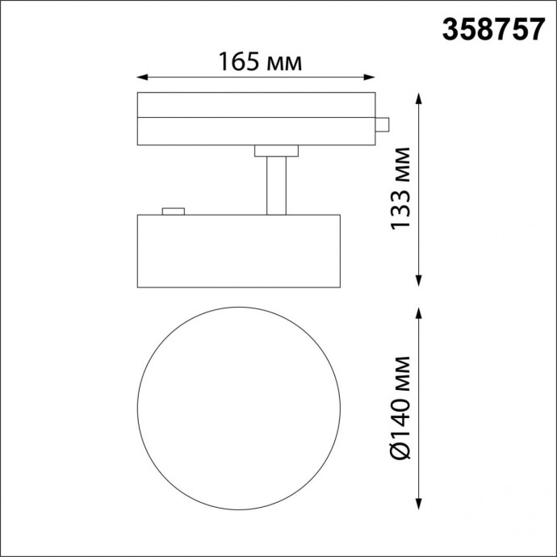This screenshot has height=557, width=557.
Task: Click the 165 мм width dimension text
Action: click(x=259, y=61)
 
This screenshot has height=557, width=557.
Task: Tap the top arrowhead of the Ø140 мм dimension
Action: click(x=419, y=312)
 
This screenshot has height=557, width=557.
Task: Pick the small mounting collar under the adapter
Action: click(x=276, y=151)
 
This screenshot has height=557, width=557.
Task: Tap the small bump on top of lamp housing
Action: click(x=173, y=211)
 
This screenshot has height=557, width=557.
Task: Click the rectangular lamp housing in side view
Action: click(x=238, y=250)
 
